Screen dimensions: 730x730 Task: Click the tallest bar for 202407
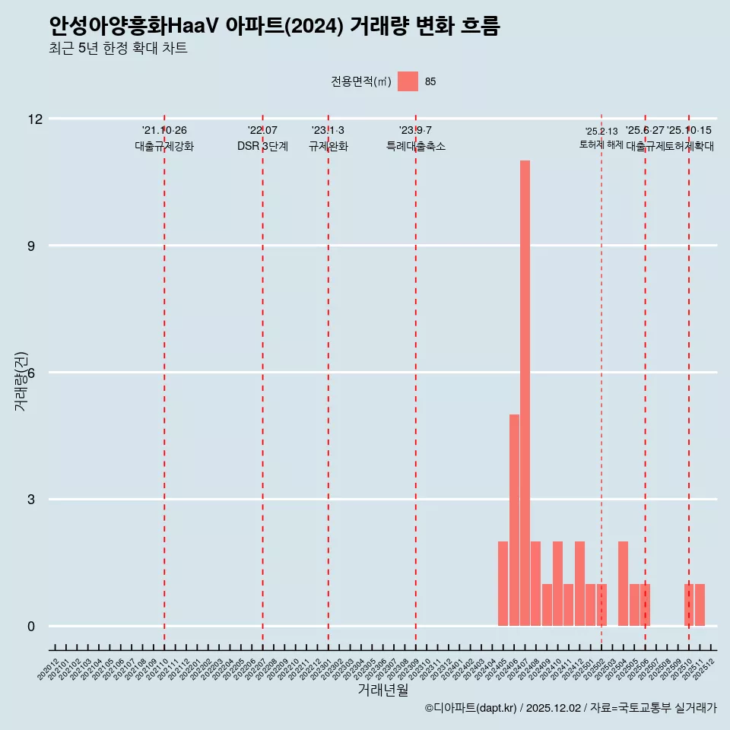pyautogui.click(x=525, y=393)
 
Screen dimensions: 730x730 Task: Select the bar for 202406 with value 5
pyautogui.click(x=514, y=520)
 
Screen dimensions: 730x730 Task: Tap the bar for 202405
pyautogui.click(x=503, y=583)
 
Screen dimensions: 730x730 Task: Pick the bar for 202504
pyautogui.click(x=623, y=583)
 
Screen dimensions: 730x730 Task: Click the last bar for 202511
pyautogui.click(x=700, y=605)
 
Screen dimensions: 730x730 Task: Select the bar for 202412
pyautogui.click(x=579, y=583)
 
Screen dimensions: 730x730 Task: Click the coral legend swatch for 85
pyautogui.click(x=408, y=81)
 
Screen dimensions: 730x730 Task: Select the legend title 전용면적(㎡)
pyautogui.click(x=361, y=81)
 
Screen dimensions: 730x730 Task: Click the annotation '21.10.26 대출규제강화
pyautogui.click(x=164, y=138)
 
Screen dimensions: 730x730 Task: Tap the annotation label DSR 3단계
pyautogui.click(x=262, y=146)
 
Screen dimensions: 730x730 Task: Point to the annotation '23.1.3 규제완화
pyautogui.click(x=328, y=138)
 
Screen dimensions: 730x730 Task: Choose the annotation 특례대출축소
pyautogui.click(x=415, y=146)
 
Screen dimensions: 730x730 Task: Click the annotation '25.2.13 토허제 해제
pyautogui.click(x=601, y=138)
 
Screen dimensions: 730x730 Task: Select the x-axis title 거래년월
pyautogui.click(x=383, y=690)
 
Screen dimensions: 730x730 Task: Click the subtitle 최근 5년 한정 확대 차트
pyautogui.click(x=118, y=49)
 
